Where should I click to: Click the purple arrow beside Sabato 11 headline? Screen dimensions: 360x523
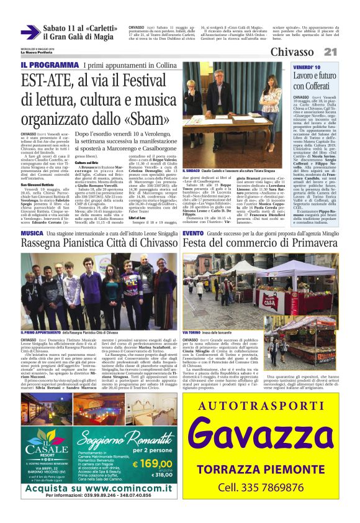coord(30,32)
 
